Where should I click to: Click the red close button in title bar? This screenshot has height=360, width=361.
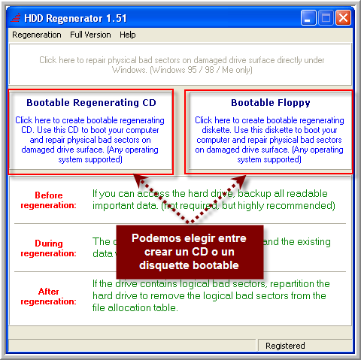(x=344, y=17)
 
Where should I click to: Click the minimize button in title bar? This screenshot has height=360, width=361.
(x=309, y=17)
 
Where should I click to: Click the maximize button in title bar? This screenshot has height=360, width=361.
(x=326, y=17)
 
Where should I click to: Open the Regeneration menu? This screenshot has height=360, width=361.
(x=37, y=35)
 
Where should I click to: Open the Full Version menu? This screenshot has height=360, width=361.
(x=90, y=35)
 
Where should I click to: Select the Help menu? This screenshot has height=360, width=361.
(x=128, y=35)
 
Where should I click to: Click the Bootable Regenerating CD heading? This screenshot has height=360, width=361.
(x=91, y=103)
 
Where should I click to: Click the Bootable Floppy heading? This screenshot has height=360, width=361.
(x=270, y=103)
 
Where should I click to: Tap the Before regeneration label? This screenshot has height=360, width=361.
(x=49, y=200)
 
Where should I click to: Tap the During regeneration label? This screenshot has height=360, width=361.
(x=49, y=248)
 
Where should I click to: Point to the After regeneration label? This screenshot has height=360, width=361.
(x=49, y=296)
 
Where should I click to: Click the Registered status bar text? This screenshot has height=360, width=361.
(x=285, y=346)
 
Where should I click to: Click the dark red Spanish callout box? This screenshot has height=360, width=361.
(x=190, y=251)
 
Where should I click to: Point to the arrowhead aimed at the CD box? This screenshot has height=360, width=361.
(x=138, y=179)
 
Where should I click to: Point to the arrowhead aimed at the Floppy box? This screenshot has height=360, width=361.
(x=243, y=179)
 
